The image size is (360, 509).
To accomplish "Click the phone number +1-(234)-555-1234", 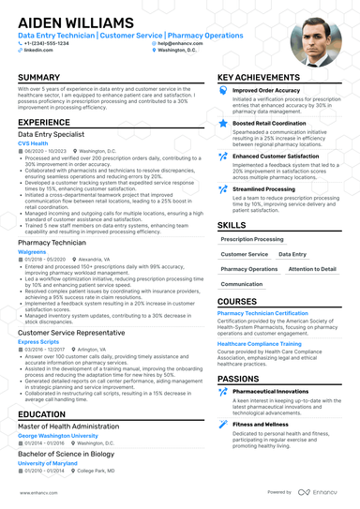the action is coord(47,44).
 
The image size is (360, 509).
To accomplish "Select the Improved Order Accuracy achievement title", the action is coord(272,91).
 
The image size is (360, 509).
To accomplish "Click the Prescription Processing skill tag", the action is coord(252,239).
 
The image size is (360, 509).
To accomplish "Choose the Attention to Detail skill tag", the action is coord(312,269).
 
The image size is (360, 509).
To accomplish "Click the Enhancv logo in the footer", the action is coord(322,491).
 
